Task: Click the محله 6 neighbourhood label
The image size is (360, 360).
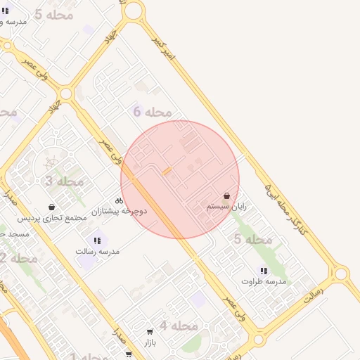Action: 153,112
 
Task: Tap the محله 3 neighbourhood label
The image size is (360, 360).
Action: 64,181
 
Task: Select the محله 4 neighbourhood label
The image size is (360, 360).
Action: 178,326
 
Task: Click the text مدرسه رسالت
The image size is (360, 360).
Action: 98,251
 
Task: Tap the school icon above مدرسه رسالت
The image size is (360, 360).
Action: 97,240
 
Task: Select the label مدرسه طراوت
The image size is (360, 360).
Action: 264,281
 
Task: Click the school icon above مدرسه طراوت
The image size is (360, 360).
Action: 264,271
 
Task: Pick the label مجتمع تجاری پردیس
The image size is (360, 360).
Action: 52,218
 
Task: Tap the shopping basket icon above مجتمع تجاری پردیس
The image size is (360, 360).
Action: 52,207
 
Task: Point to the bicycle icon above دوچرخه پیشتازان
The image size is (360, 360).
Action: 119,200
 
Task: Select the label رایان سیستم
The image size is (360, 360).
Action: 226,207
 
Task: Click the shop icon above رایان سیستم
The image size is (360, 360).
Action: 226,196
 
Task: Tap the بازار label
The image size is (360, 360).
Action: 149,342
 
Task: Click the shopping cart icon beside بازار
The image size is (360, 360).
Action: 150,332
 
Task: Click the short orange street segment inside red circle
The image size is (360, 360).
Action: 167,171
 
